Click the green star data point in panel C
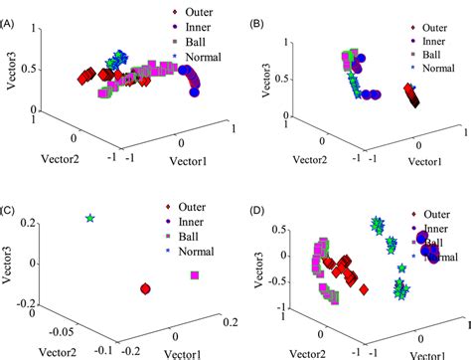(90, 218)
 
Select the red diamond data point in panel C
(145, 288)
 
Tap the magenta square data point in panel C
(196, 274)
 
